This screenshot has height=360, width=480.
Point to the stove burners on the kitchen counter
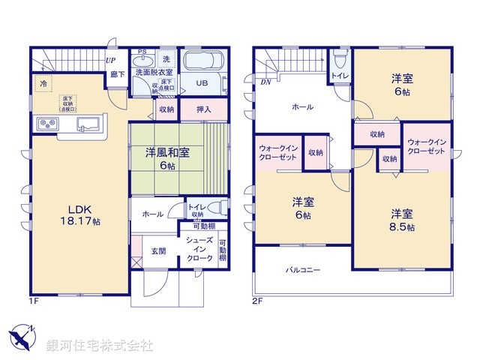coord(46,123)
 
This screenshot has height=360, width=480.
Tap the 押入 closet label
coord(202,109)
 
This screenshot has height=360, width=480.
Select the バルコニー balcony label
coord(303,268)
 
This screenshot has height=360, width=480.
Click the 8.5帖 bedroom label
coord(402,220)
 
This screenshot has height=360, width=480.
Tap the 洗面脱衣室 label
coord(154,73)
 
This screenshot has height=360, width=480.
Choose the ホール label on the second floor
coord(302,107)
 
